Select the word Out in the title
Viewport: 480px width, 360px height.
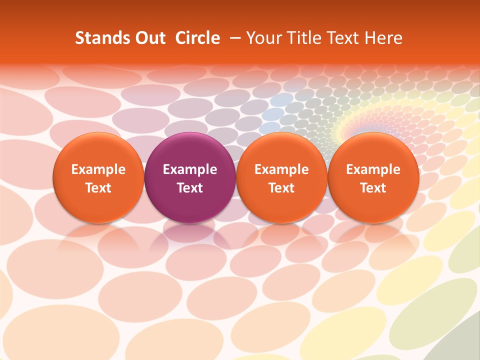148,38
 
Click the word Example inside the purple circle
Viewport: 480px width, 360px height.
190,169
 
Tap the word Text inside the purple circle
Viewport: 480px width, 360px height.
190,188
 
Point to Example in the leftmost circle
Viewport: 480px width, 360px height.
98,169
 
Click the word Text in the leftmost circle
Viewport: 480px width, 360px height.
98,188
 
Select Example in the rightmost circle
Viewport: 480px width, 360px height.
373,169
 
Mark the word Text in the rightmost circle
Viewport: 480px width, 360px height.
373,188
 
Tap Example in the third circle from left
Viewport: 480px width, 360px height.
281,169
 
